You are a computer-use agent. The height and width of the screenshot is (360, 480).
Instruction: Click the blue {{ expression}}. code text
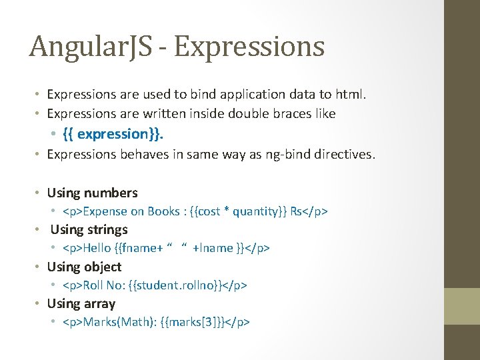[113, 134]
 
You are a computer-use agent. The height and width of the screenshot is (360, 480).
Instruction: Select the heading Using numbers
[92, 193]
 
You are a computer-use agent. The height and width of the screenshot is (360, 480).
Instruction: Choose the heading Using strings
[89, 229]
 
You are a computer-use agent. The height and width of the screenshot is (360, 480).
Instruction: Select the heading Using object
[84, 267]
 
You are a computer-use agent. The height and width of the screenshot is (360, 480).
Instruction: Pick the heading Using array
[81, 303]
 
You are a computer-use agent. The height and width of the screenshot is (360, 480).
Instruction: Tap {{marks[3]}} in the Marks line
[193, 322]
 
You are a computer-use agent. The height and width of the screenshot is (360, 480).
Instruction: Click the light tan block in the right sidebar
[462, 306]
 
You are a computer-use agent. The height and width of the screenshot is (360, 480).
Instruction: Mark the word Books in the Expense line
[164, 211]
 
